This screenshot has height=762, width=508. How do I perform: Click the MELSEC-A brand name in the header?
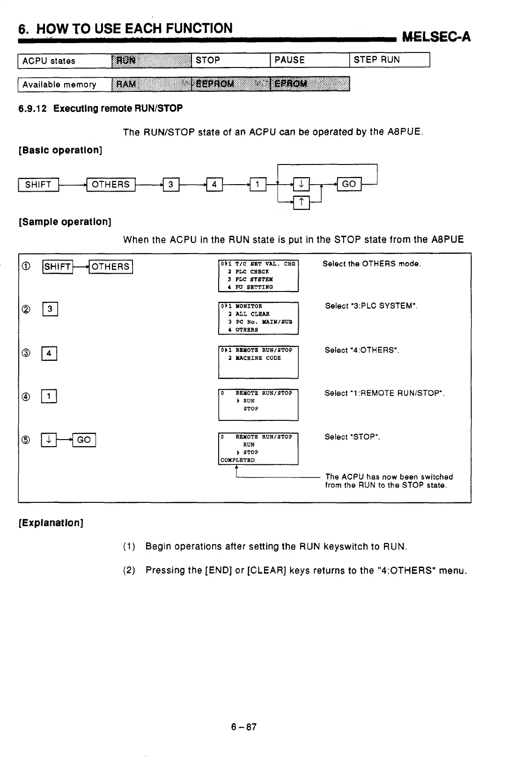(x=436, y=37)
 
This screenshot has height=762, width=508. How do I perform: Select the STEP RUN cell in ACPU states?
(x=389, y=60)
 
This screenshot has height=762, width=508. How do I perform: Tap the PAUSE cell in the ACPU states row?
(x=309, y=60)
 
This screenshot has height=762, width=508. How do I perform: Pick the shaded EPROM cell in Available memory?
(x=310, y=84)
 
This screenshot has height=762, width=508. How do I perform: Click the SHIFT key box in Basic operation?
(x=38, y=185)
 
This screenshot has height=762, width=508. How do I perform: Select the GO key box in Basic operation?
(x=349, y=184)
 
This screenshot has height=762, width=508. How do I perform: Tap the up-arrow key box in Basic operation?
(x=302, y=202)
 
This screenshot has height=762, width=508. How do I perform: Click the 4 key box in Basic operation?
(x=214, y=185)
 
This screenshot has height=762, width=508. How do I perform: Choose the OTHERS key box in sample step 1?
(x=110, y=267)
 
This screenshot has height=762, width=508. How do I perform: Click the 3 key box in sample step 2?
(x=50, y=309)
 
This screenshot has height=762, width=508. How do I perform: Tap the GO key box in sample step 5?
(x=84, y=440)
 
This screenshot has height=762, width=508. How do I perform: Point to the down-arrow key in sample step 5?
(x=49, y=440)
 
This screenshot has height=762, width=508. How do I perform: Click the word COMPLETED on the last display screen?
(x=238, y=460)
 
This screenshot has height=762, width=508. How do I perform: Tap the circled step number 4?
(x=26, y=397)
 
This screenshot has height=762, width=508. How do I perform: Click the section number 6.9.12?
(x=33, y=109)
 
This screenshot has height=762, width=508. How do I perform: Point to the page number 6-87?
(x=244, y=727)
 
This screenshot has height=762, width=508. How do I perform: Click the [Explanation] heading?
(x=51, y=523)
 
